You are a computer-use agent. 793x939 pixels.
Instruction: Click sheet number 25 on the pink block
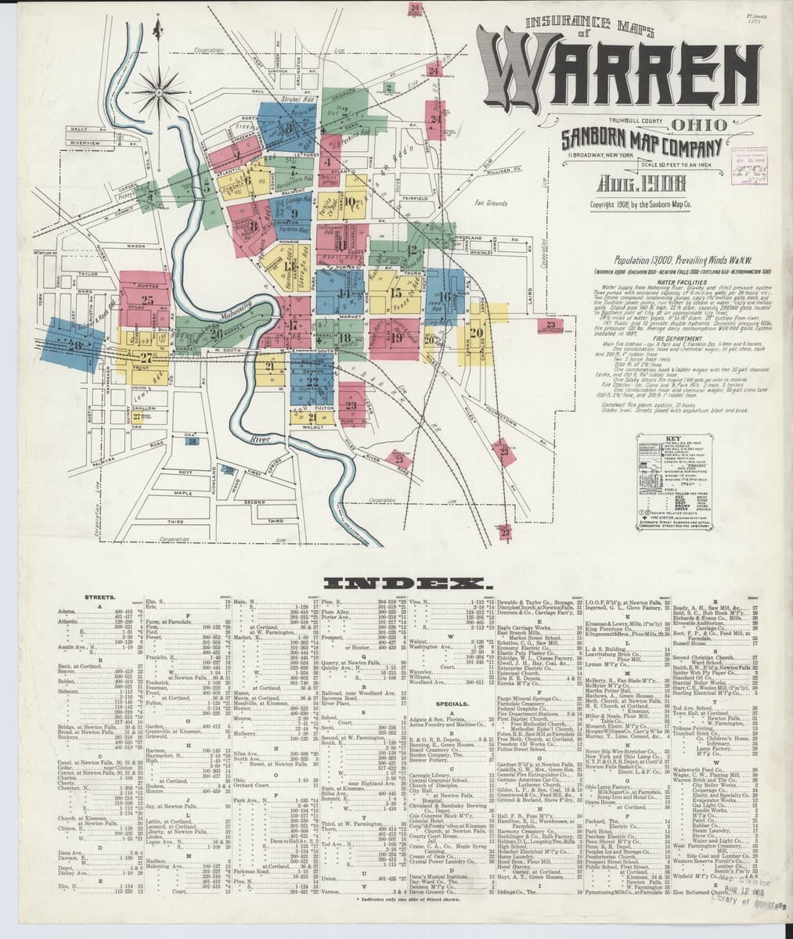pyautogui.click(x=147, y=298)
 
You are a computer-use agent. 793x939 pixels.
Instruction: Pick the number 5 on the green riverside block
pyautogui.click(x=205, y=186)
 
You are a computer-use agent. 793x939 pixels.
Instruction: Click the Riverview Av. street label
pyautogui.click(x=88, y=144)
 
